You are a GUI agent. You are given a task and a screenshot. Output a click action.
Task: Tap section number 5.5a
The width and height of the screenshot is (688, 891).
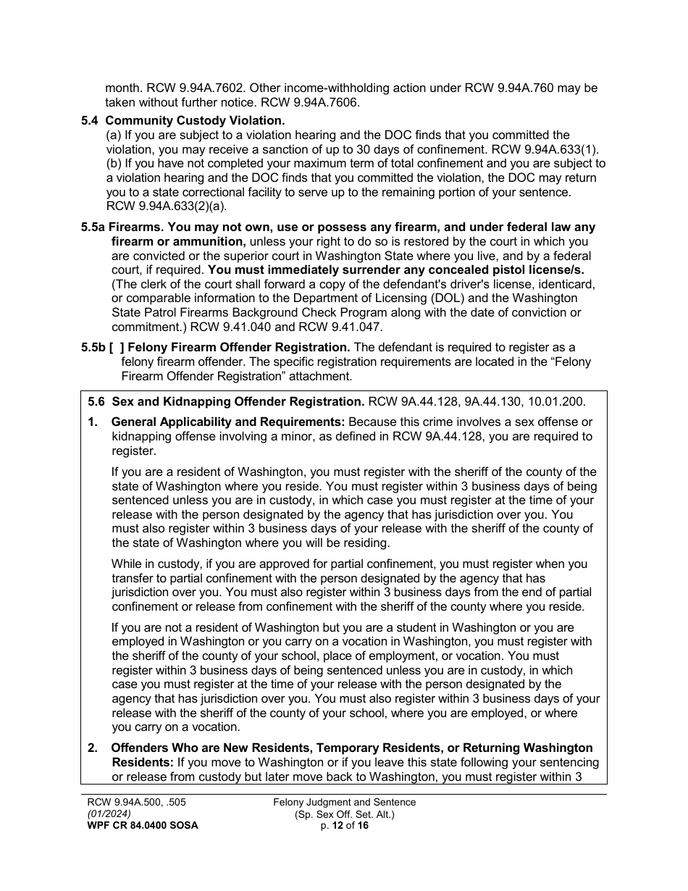click(93, 227)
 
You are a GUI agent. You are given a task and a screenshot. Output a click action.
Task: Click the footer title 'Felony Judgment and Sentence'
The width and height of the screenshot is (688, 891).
click(344, 803)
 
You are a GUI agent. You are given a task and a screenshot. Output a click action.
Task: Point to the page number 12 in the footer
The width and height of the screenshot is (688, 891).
click(337, 826)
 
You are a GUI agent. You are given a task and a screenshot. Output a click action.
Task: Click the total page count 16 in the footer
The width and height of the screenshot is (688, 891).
click(363, 826)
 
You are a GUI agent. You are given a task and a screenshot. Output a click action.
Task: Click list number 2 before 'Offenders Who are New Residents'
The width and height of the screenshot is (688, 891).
click(92, 748)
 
